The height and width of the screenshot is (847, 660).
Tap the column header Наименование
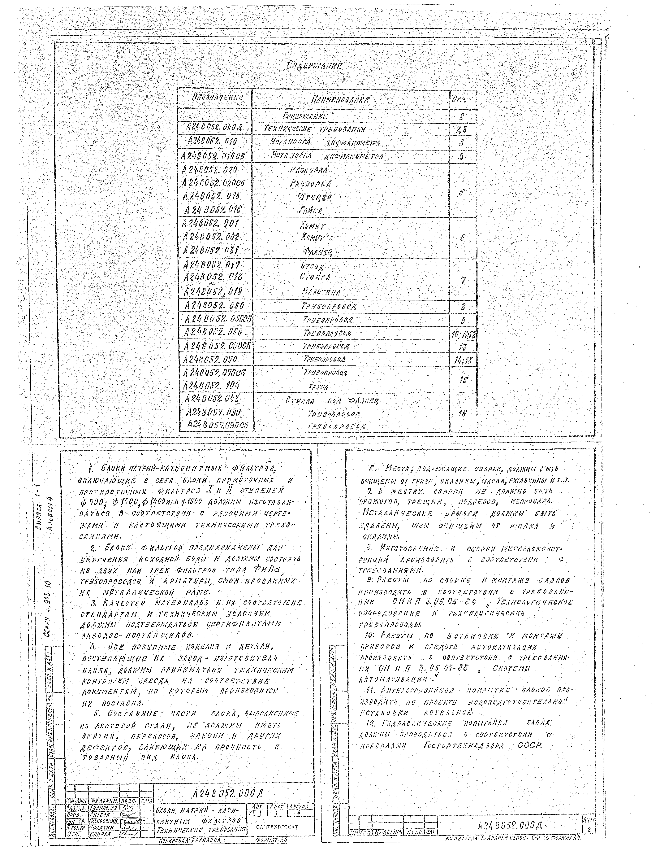pos(340,100)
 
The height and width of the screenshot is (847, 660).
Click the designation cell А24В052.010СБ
pos(216,157)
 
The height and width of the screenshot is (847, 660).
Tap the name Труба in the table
pos(318,387)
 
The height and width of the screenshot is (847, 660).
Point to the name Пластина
pos(321,292)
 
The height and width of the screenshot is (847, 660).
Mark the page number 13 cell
pos(462,346)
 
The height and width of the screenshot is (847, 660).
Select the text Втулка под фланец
pos(331,401)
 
